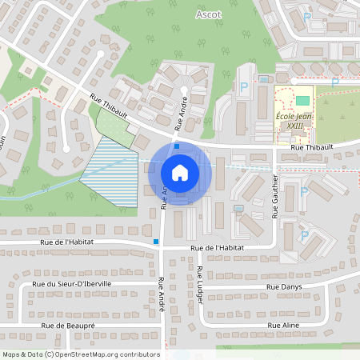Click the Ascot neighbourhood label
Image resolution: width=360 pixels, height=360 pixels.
[209, 14]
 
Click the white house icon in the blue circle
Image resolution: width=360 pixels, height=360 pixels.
[180, 172]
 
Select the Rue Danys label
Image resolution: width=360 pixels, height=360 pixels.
[284, 286]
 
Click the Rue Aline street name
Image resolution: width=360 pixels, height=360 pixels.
[284, 326]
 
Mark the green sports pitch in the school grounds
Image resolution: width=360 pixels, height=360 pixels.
[302, 100]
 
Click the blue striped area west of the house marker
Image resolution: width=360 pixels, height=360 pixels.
[108, 172]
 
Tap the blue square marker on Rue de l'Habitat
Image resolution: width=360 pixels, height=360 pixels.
[156, 241]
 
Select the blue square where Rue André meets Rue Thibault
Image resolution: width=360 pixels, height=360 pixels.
[176, 135]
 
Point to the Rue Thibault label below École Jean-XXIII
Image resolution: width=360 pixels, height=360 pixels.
[310, 147]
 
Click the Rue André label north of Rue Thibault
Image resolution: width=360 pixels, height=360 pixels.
[181, 114]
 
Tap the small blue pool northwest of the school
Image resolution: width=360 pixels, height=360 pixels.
[264, 78]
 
